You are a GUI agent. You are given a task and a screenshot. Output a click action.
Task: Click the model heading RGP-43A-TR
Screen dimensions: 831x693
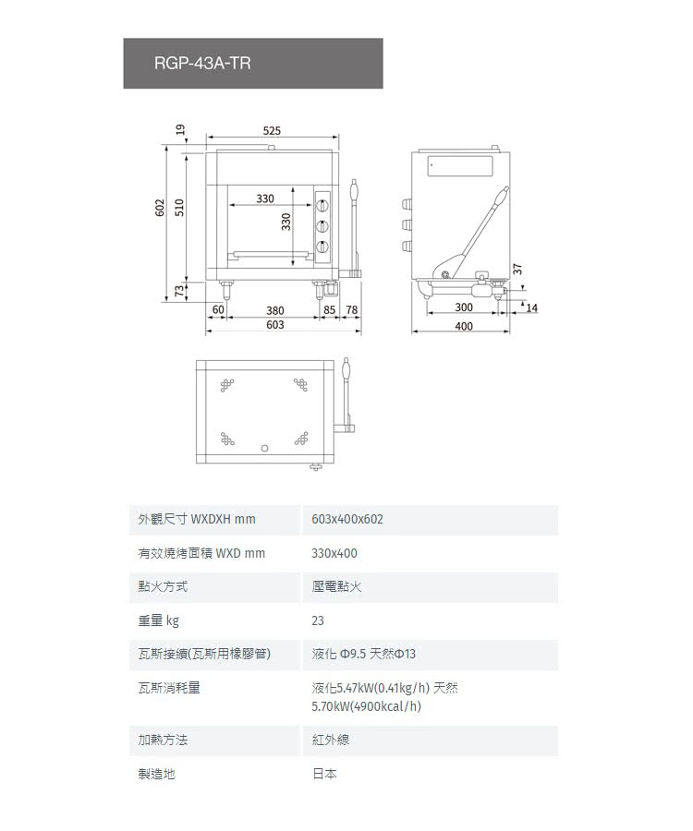[202, 64]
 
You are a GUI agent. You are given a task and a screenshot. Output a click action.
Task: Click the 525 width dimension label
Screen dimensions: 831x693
[272, 130]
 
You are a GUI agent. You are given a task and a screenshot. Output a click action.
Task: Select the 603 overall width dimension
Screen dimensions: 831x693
[274, 325]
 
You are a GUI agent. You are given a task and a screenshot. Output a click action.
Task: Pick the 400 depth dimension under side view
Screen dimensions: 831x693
[464, 326]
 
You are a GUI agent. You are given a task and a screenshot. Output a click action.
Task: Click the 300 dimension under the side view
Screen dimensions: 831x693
[464, 307]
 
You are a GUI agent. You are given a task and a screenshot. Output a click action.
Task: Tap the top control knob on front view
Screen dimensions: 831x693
[322, 205]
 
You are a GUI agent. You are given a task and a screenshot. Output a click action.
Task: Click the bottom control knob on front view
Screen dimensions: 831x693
[322, 246]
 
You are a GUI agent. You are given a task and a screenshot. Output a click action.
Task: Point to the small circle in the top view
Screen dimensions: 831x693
[265, 448]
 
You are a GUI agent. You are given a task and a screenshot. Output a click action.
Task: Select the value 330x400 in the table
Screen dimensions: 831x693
[334, 553]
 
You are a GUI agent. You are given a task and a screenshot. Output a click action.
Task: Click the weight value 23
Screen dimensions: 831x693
[319, 620]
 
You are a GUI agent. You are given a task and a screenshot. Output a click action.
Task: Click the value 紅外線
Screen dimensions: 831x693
[331, 741]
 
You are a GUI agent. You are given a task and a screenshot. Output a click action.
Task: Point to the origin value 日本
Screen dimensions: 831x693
[324, 774]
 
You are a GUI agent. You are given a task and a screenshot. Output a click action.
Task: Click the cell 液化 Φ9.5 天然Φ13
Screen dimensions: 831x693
[364, 655]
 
